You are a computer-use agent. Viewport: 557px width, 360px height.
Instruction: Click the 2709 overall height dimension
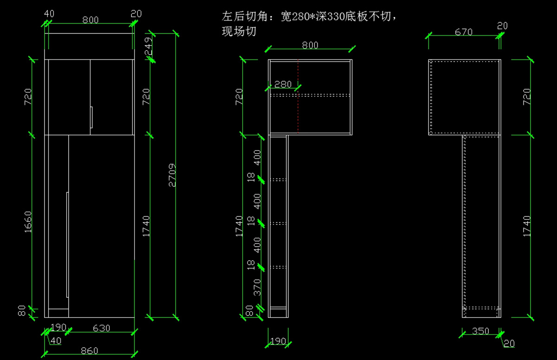point(172,176)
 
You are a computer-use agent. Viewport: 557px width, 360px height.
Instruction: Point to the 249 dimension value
point(149,46)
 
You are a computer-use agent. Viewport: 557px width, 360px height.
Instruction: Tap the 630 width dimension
point(101,328)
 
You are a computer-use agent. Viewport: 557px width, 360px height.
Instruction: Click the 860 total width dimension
point(90,351)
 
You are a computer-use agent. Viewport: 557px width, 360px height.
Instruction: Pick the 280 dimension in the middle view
point(283,84)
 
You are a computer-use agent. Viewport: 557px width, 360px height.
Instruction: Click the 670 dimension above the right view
point(464,32)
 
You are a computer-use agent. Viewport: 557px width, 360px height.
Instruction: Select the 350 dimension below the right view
point(480,331)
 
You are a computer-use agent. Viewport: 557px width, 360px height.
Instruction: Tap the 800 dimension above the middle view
point(310,45)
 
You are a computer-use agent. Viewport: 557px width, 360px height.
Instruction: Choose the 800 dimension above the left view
point(91,20)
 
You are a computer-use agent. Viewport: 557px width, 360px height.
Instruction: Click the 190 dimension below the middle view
point(278,341)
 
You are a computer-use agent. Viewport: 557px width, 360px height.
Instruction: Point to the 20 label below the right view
point(509,344)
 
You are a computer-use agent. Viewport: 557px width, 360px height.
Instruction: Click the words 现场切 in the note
point(239,32)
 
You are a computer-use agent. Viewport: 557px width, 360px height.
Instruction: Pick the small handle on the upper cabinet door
point(92,118)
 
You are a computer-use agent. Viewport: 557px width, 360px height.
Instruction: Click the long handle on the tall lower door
point(67,244)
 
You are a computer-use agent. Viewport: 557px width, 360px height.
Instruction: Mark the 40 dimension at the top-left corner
point(49,14)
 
